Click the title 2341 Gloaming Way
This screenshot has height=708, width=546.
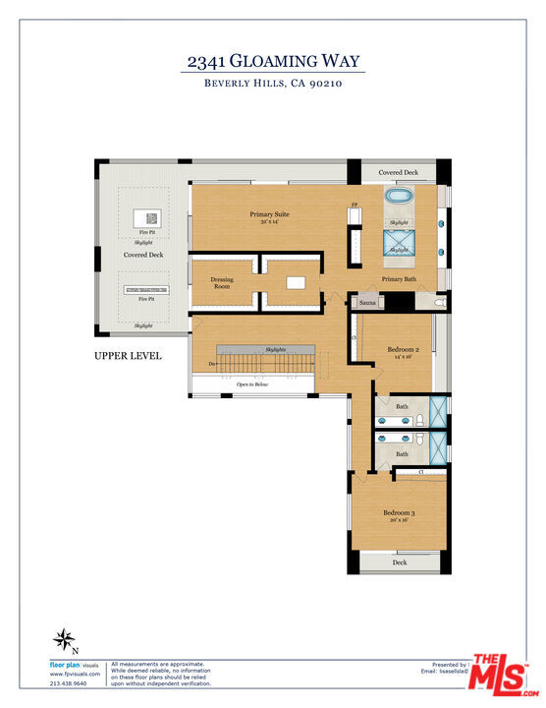pos(274,61)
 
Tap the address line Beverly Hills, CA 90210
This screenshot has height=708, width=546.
pos(274,85)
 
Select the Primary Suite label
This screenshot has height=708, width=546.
pos(269,214)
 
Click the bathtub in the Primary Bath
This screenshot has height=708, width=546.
pos(400,196)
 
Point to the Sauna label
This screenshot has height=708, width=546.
pos(367,303)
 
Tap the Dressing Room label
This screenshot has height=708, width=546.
pos(222,283)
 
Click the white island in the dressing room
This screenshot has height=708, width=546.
pos(296,283)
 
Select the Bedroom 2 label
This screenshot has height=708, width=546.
pos(403,350)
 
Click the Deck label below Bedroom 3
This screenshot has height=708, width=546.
pos(400,562)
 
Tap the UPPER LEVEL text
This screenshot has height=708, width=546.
pos(128,356)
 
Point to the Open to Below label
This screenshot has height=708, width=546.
pos(252,384)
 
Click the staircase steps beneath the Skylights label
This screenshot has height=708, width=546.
pos(265,365)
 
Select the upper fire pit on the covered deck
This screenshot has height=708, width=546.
pos(152,219)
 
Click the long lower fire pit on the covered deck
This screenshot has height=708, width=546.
pos(145,289)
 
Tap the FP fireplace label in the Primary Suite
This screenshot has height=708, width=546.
pos(355,206)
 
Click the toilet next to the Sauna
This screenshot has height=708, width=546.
pos(438,304)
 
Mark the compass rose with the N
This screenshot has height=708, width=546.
pos(65,640)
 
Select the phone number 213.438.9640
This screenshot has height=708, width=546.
pos(69,683)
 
